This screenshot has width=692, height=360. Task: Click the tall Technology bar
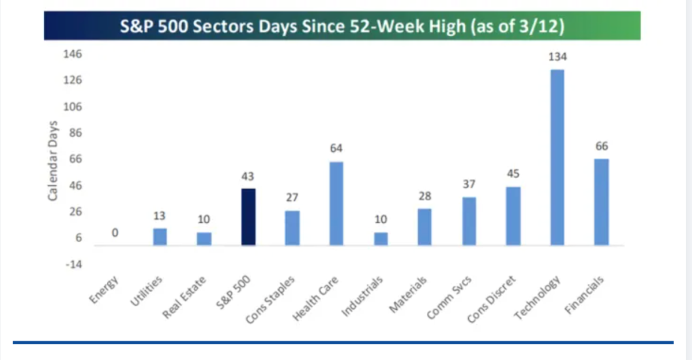tap(557, 157)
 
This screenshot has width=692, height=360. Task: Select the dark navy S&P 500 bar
tap(249, 216)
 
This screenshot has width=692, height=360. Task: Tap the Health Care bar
tap(336, 203)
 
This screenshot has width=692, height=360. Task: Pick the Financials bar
tap(601, 202)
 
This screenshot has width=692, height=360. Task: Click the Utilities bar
tap(160, 237)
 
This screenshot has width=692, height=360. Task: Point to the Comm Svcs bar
tap(469, 221)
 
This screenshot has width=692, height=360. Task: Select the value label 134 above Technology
tap(557, 58)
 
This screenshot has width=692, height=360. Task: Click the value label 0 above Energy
tap(115, 233)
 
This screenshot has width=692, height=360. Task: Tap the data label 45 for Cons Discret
tap(513, 174)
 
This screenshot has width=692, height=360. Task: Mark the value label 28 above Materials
tap(425, 196)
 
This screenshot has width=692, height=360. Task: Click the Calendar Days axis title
tap(52, 161)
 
